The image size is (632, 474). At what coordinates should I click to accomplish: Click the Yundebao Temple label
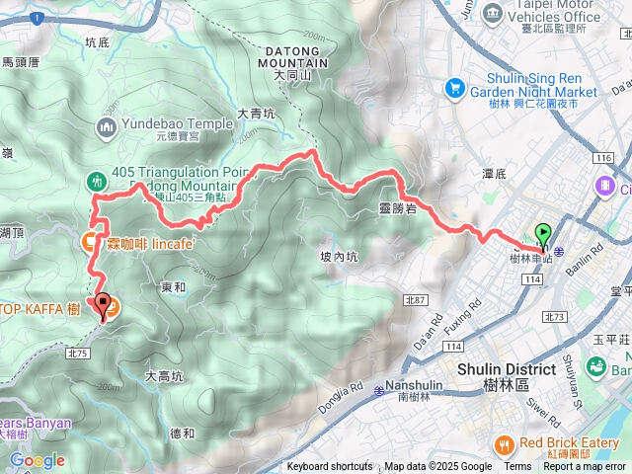click(177, 126)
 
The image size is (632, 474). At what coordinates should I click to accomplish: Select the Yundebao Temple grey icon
click(106, 126)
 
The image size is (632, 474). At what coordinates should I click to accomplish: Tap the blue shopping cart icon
click(455, 86)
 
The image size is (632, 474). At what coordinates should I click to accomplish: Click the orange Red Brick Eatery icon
click(504, 443)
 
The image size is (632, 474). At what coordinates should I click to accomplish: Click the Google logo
click(37, 460)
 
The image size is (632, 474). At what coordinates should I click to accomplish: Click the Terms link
click(517, 467)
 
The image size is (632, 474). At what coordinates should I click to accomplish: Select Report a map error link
click(585, 467)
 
